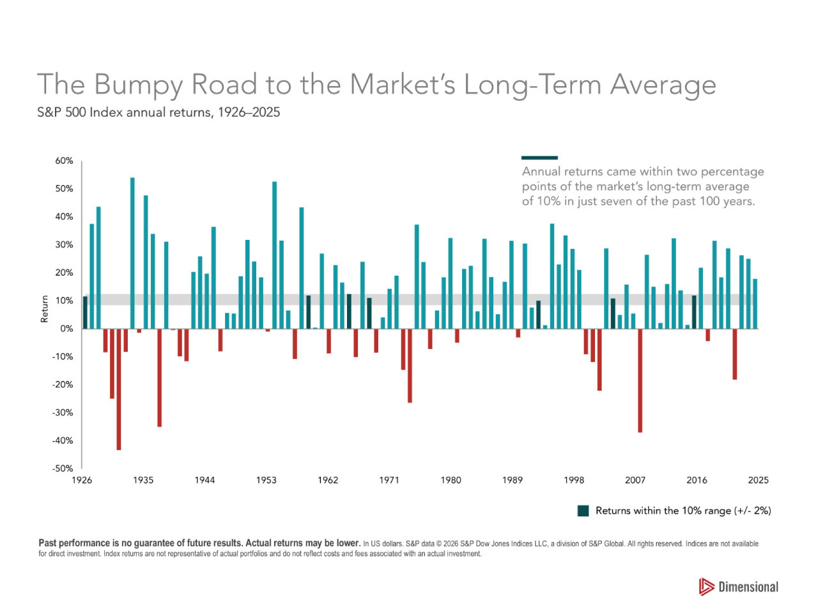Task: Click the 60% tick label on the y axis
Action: point(64,160)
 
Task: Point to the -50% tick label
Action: point(62,468)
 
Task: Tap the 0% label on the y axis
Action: point(66,328)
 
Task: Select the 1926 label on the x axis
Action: point(82,480)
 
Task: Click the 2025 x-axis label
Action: point(758,480)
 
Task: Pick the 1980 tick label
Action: point(451,480)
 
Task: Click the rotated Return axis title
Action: point(44,308)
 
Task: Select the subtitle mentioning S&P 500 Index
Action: point(158,112)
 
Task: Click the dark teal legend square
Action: point(583,511)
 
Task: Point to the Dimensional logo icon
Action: point(706,587)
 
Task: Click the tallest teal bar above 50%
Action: point(132,253)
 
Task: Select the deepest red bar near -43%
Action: point(118,389)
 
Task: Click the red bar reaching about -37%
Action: point(640,380)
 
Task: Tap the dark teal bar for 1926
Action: point(85,313)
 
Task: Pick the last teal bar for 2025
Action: point(755,304)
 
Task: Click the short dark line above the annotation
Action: point(539,158)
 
